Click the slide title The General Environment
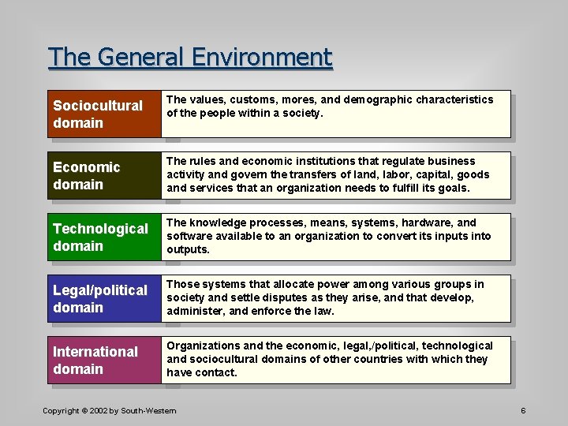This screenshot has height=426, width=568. (190, 58)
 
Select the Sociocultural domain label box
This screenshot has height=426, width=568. (104, 114)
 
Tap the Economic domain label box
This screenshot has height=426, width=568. (104, 175)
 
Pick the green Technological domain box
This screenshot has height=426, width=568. (104, 237)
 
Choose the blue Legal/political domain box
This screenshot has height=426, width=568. (104, 298)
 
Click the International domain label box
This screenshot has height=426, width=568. (104, 360)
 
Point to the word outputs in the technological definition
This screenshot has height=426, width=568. (188, 250)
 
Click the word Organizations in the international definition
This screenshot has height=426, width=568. (204, 346)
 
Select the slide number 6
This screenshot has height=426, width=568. (523, 411)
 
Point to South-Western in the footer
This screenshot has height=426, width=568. (151, 411)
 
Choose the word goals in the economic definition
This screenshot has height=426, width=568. (452, 189)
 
